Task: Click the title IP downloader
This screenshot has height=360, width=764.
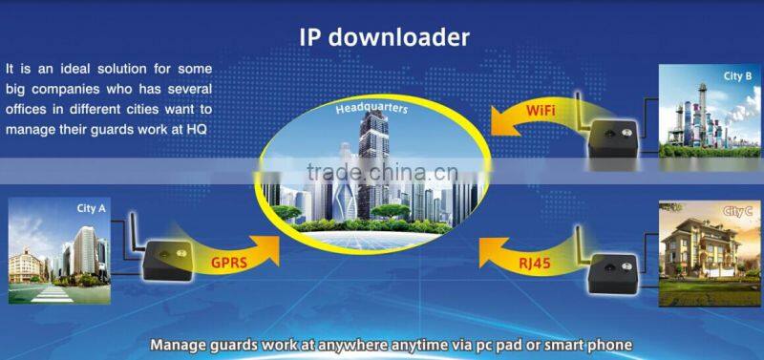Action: click(384, 37)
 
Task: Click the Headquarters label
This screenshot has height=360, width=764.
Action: click(371, 109)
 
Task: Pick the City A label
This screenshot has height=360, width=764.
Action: click(92, 207)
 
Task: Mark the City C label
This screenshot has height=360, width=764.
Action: click(736, 211)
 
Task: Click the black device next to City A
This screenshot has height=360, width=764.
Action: click(167, 259)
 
